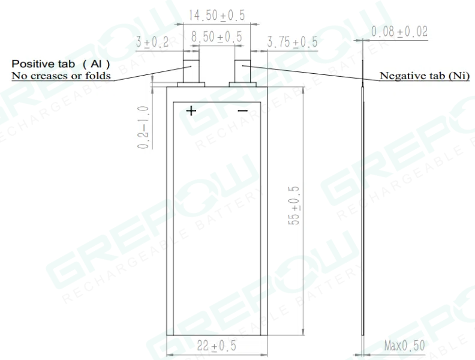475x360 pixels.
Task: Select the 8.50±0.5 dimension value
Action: click(x=217, y=37)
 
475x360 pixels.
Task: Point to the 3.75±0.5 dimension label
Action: click(x=292, y=42)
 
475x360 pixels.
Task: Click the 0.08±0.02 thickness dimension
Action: click(x=399, y=32)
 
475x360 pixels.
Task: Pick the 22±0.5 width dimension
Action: click(x=217, y=346)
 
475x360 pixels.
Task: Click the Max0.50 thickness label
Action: click(x=406, y=346)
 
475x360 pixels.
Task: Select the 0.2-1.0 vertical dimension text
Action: click(x=143, y=127)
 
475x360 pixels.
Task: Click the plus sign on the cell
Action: click(x=191, y=110)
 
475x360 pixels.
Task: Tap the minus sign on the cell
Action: click(x=242, y=110)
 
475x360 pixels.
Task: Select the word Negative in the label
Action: click(x=402, y=76)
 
